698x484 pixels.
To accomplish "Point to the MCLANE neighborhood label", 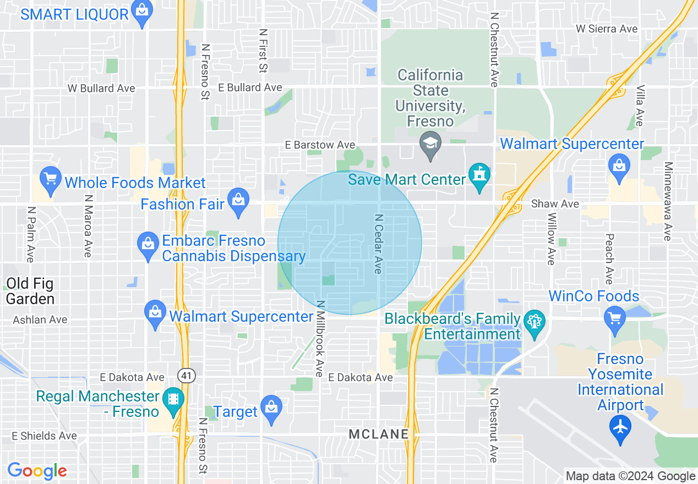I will (379, 434).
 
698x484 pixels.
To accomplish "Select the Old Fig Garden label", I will (30, 291).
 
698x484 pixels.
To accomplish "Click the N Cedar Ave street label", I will (378, 243).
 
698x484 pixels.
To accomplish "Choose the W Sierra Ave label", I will (607, 29).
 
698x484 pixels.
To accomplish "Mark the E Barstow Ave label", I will (320, 145).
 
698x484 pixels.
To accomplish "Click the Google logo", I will (37, 471).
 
